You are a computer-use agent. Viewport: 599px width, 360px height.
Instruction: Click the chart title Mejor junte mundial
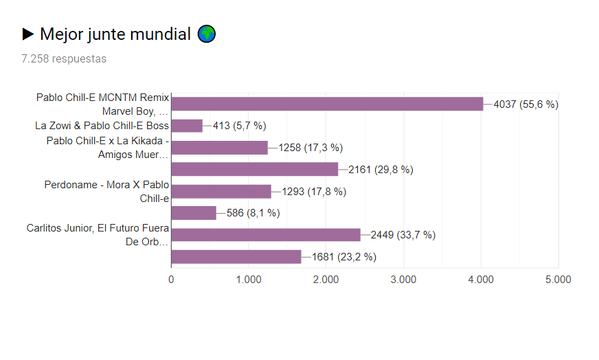point(115,34)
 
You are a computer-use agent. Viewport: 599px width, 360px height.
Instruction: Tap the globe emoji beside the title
point(207,34)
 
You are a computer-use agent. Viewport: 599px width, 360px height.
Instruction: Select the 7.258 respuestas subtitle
point(64,59)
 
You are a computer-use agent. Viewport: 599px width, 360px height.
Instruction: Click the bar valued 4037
point(327,104)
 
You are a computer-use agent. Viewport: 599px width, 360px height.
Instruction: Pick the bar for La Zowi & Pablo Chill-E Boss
point(187,126)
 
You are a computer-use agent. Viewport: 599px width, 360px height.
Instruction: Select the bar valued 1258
point(219,148)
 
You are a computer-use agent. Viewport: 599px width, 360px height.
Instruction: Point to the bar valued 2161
point(254,169)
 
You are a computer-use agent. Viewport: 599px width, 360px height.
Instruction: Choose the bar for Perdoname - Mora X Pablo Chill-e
point(221,191)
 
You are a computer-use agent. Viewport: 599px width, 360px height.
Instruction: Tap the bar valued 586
point(194,213)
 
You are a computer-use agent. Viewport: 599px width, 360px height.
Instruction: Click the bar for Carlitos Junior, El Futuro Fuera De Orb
point(265,235)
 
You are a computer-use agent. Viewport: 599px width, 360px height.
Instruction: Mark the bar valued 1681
point(236,257)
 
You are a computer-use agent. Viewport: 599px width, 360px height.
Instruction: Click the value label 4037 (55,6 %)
point(526,104)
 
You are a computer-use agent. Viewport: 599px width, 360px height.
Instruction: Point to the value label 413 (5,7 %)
point(239,126)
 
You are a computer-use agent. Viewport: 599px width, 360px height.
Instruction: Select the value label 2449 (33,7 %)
point(403,235)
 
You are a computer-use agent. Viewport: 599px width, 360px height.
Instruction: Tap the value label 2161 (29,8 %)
point(381,170)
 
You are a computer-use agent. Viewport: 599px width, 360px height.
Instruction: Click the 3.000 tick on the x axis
point(403,280)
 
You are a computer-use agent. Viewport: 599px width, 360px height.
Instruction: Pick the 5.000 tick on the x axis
point(558,280)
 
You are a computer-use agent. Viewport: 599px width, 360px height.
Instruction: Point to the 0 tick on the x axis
point(171,280)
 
